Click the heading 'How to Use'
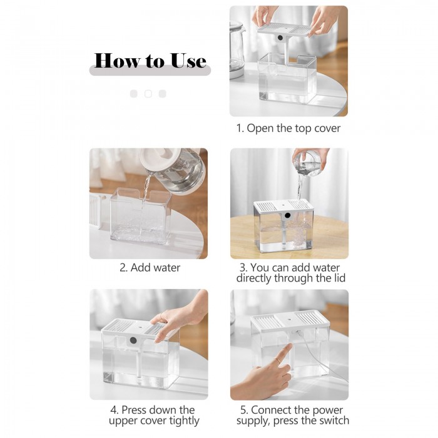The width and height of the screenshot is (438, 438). (150, 60)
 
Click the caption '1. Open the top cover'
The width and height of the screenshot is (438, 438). (288, 128)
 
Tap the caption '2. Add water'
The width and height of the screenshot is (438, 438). (150, 268)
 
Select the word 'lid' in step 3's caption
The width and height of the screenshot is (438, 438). (340, 278)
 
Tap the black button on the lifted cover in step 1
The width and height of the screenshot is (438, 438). (280, 38)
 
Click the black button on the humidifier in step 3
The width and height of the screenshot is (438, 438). (287, 215)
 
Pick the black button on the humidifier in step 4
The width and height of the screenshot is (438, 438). (133, 340)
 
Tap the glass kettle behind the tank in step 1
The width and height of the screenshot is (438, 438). (237, 50)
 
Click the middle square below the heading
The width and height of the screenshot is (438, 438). (148, 94)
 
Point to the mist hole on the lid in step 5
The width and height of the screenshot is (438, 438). (291, 318)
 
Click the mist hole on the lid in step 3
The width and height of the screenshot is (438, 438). (283, 205)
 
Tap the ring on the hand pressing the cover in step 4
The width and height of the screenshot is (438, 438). (161, 316)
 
